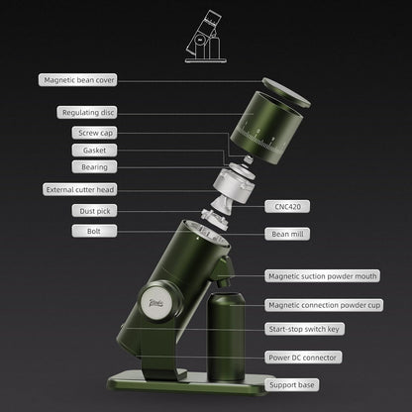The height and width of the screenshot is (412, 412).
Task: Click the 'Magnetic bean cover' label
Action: pos(77,80)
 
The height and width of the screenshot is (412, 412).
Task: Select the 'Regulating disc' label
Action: pos(87,112)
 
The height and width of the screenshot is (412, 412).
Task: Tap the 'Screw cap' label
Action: pos(94,133)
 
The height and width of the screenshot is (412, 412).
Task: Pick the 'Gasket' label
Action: pos(94,151)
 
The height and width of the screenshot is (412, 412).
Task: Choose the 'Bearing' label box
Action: pos(94,167)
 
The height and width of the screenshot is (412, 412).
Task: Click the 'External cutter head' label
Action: pos(79,189)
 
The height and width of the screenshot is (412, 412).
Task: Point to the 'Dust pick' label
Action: pos(94,211)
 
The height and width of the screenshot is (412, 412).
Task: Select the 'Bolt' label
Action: pos(94,231)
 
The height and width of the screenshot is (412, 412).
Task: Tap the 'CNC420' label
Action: pos(287,206)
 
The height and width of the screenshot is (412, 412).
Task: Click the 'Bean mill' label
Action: pos(287,234)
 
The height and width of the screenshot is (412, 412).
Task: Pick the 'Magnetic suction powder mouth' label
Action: pos(322,275)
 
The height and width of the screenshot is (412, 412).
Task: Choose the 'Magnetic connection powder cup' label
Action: pos(324,305)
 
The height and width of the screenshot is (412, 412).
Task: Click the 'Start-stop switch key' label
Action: pos(304,329)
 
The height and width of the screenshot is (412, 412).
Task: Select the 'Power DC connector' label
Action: pos(303,358)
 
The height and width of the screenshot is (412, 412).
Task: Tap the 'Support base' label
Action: pos(292,385)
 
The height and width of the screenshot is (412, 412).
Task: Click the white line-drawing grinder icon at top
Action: pos(205,37)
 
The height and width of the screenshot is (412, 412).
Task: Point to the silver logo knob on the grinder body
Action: pos(157,305)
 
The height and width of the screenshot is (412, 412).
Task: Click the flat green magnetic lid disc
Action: pos(286,92)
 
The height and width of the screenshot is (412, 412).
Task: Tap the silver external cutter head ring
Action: pos(234,185)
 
